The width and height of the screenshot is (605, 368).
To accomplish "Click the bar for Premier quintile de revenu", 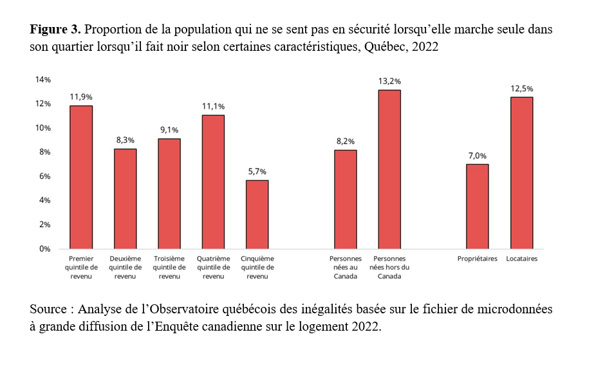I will [x=81, y=177].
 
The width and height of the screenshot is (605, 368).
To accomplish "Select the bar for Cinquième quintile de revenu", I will [x=257, y=214].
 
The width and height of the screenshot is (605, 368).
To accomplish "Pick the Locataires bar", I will [x=521, y=173].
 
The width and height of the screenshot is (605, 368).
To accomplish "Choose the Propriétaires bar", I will [x=477, y=207].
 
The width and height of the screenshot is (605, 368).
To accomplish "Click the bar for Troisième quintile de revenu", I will [x=169, y=194].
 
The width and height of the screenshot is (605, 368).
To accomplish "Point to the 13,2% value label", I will [x=390, y=81].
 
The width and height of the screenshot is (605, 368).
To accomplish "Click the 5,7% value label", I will [x=257, y=172].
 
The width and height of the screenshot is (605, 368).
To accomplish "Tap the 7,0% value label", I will [x=477, y=156].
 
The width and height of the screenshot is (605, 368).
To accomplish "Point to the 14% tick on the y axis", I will [x=42, y=80].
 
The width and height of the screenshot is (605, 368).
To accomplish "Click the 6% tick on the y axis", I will [x=44, y=176].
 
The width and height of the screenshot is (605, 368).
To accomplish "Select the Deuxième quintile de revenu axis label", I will [x=125, y=267].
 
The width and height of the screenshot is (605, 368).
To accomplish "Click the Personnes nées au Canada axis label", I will [x=345, y=267].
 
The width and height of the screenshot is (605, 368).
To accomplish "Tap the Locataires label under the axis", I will [x=521, y=259].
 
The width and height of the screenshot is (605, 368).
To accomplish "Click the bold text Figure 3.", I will [x=55, y=30].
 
